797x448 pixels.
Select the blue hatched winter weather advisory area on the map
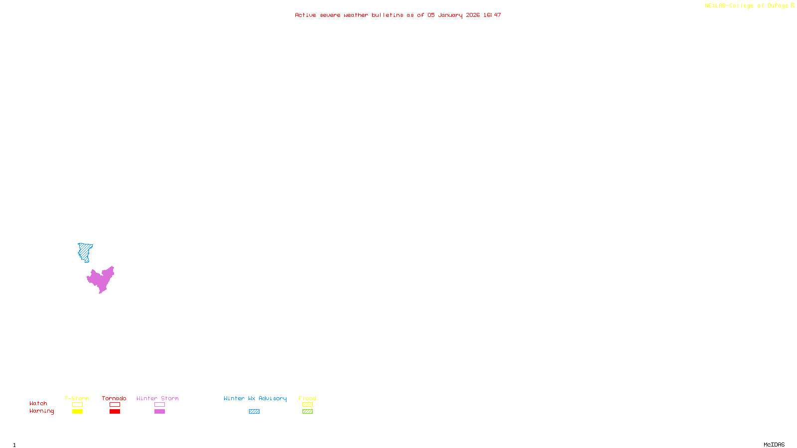(x=85, y=251)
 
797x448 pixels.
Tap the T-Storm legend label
(x=77, y=398)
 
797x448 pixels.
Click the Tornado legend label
(x=114, y=398)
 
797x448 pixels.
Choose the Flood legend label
(x=307, y=398)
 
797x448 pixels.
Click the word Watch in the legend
(x=38, y=404)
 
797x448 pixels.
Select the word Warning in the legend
(x=41, y=411)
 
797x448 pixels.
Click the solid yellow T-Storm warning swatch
(x=77, y=412)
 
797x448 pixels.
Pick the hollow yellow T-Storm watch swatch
(x=77, y=405)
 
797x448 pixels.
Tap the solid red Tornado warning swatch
(x=115, y=412)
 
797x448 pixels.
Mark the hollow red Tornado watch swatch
(x=115, y=405)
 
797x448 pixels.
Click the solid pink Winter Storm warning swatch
(x=159, y=412)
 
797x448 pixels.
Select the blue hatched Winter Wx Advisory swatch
(x=254, y=412)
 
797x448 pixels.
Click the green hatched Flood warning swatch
(x=307, y=412)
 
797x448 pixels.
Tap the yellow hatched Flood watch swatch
(x=307, y=405)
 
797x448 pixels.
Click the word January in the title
(x=450, y=15)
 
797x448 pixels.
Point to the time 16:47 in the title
(x=492, y=15)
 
